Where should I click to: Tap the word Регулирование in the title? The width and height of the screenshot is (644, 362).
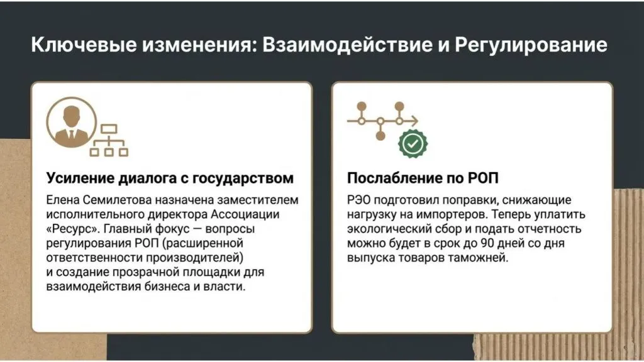tap(531, 45)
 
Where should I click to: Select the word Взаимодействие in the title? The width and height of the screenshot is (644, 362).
tap(347, 45)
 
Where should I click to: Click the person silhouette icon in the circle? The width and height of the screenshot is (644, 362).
tap(72, 123)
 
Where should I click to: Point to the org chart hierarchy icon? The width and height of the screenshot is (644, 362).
tap(109, 140)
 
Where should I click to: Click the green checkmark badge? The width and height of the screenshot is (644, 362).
tap(413, 144)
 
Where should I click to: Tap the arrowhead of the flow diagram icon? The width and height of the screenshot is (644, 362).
tap(414, 121)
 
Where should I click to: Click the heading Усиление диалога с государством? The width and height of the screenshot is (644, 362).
tap(170, 178)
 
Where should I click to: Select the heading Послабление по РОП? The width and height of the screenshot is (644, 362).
tap(423, 178)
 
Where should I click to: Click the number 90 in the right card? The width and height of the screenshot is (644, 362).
tap(487, 243)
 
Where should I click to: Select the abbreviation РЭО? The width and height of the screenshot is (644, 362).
tap(358, 200)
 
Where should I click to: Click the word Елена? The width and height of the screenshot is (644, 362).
tap(62, 200)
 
